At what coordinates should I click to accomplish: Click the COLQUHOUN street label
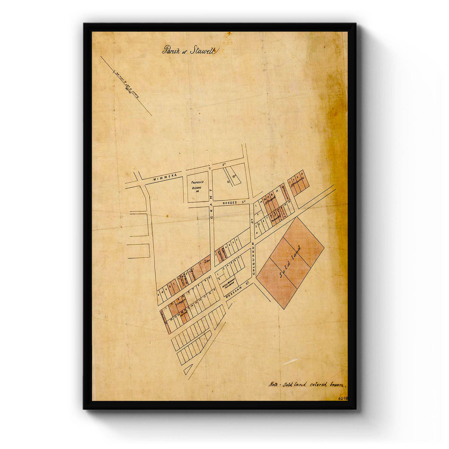253,259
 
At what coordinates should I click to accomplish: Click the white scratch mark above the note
291,362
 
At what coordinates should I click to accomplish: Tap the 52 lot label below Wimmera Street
227,182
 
